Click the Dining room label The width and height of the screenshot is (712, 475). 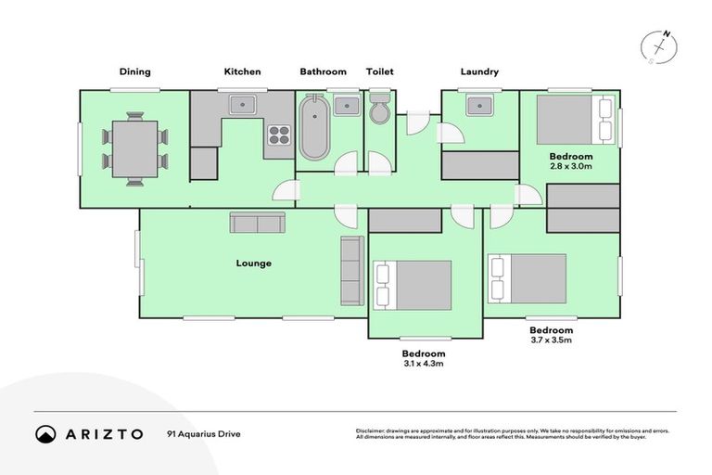point(134,71)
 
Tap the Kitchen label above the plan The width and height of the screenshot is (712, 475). point(242,71)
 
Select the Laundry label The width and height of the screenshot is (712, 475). point(479,71)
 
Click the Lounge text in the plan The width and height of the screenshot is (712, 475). point(253,263)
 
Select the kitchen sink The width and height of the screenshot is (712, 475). point(243,104)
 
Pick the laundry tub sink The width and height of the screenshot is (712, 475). point(479,105)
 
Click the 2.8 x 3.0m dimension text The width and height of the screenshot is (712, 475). point(570,168)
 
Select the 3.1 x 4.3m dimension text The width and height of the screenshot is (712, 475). point(424,365)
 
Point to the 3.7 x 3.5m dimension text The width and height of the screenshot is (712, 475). point(551,340)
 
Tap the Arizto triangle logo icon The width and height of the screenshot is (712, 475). point(45,434)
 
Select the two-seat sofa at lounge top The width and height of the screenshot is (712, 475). point(258,223)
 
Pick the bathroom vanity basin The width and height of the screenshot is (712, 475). point(347,104)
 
